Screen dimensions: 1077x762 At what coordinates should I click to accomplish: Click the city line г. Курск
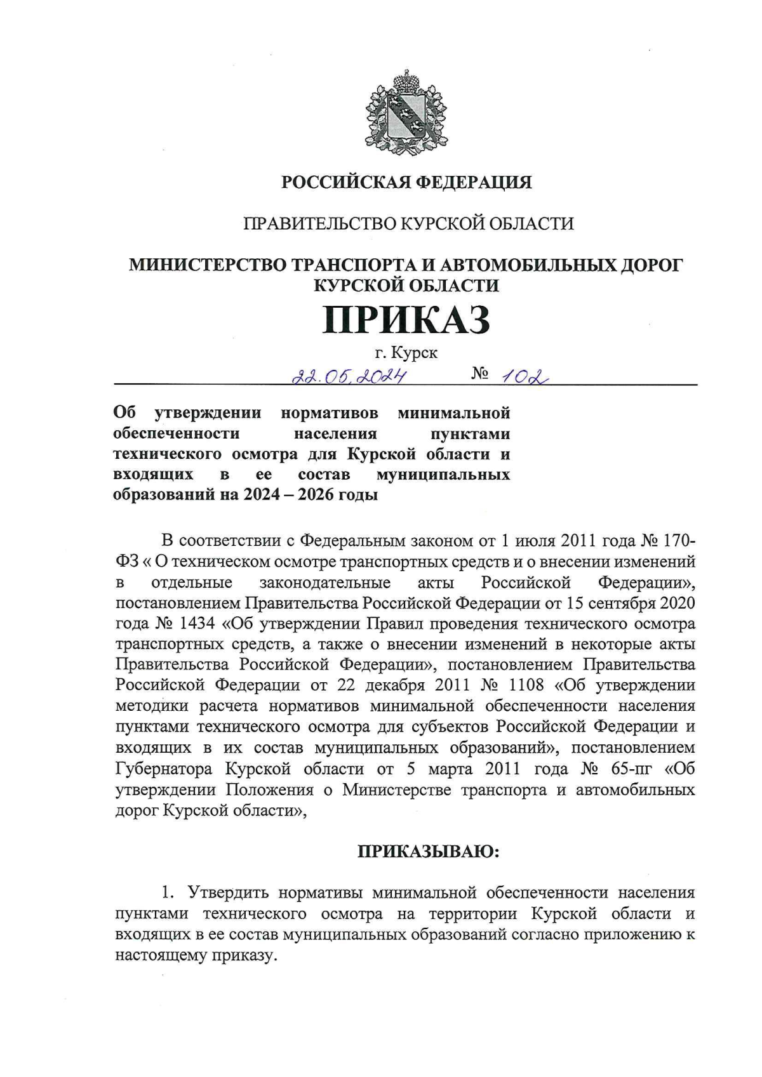click(406, 352)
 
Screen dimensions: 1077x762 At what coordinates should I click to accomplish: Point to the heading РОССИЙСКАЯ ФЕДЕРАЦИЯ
click(406, 183)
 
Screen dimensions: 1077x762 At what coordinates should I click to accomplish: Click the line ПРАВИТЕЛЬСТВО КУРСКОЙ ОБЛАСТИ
click(406, 223)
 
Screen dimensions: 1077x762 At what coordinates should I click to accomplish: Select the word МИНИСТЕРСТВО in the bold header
click(208, 265)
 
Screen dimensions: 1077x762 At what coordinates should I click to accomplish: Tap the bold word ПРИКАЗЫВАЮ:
click(429, 851)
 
